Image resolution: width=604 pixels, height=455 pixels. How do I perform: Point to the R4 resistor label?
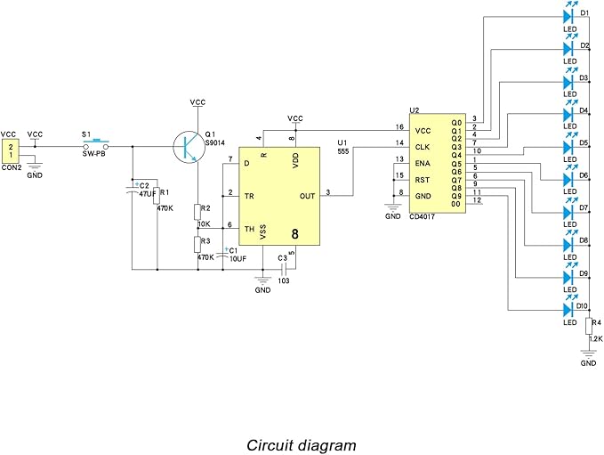coord(597,322)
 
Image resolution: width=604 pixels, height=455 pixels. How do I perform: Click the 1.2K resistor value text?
coord(595,339)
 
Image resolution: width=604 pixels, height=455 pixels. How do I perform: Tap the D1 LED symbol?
coord(568,15)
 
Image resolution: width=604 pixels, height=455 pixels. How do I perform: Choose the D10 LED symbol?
coord(568,309)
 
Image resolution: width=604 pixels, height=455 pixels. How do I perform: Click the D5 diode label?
coord(584,142)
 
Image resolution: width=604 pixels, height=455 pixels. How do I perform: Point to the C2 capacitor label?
coord(144,186)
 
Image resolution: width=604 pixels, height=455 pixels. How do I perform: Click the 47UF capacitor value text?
coord(145,193)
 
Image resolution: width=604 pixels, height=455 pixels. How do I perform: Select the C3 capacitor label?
coord(283,258)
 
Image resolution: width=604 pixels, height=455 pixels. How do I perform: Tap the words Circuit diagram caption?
coord(301,444)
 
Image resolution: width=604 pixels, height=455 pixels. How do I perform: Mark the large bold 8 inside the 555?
coord(295,234)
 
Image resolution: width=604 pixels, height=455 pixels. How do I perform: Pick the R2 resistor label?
coord(206,208)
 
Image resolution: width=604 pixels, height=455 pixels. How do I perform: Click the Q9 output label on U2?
coord(456,195)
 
